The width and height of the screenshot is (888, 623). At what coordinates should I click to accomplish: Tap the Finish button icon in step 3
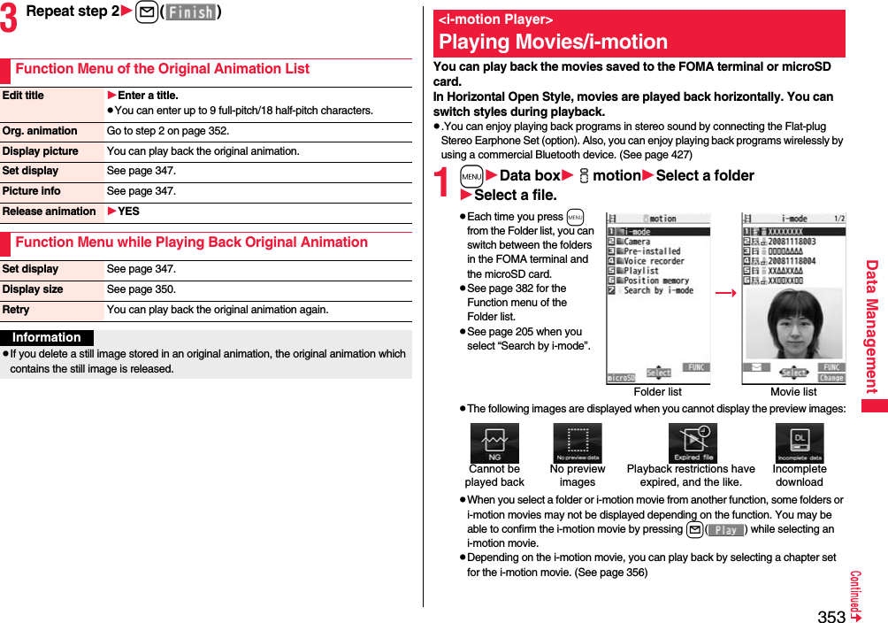pyautogui.click(x=190, y=12)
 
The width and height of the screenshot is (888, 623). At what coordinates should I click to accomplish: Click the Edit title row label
pyautogui.click(x=24, y=96)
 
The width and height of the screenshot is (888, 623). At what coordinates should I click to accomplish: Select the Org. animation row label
pyautogui.click(x=40, y=131)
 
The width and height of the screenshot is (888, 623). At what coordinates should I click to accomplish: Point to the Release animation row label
pyautogui.click(x=50, y=212)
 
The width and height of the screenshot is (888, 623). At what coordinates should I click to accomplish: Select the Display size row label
pyautogui.click(x=33, y=289)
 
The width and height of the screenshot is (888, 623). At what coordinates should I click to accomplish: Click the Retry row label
pyautogui.click(x=16, y=310)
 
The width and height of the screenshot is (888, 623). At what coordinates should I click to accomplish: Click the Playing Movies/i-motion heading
pyautogui.click(x=553, y=42)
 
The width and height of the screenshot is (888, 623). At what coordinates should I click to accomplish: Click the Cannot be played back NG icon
pyautogui.click(x=494, y=442)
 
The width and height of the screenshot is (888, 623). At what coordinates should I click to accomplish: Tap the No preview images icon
pyautogui.click(x=578, y=442)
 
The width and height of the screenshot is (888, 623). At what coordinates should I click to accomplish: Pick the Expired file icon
pyautogui.click(x=693, y=442)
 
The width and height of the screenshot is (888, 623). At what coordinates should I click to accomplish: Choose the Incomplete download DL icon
pyautogui.click(x=800, y=442)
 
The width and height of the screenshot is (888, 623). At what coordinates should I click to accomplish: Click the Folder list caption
pyautogui.click(x=658, y=392)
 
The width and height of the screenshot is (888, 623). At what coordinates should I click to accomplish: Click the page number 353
pyautogui.click(x=831, y=616)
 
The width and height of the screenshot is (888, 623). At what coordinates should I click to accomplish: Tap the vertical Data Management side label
pyautogui.click(x=871, y=327)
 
